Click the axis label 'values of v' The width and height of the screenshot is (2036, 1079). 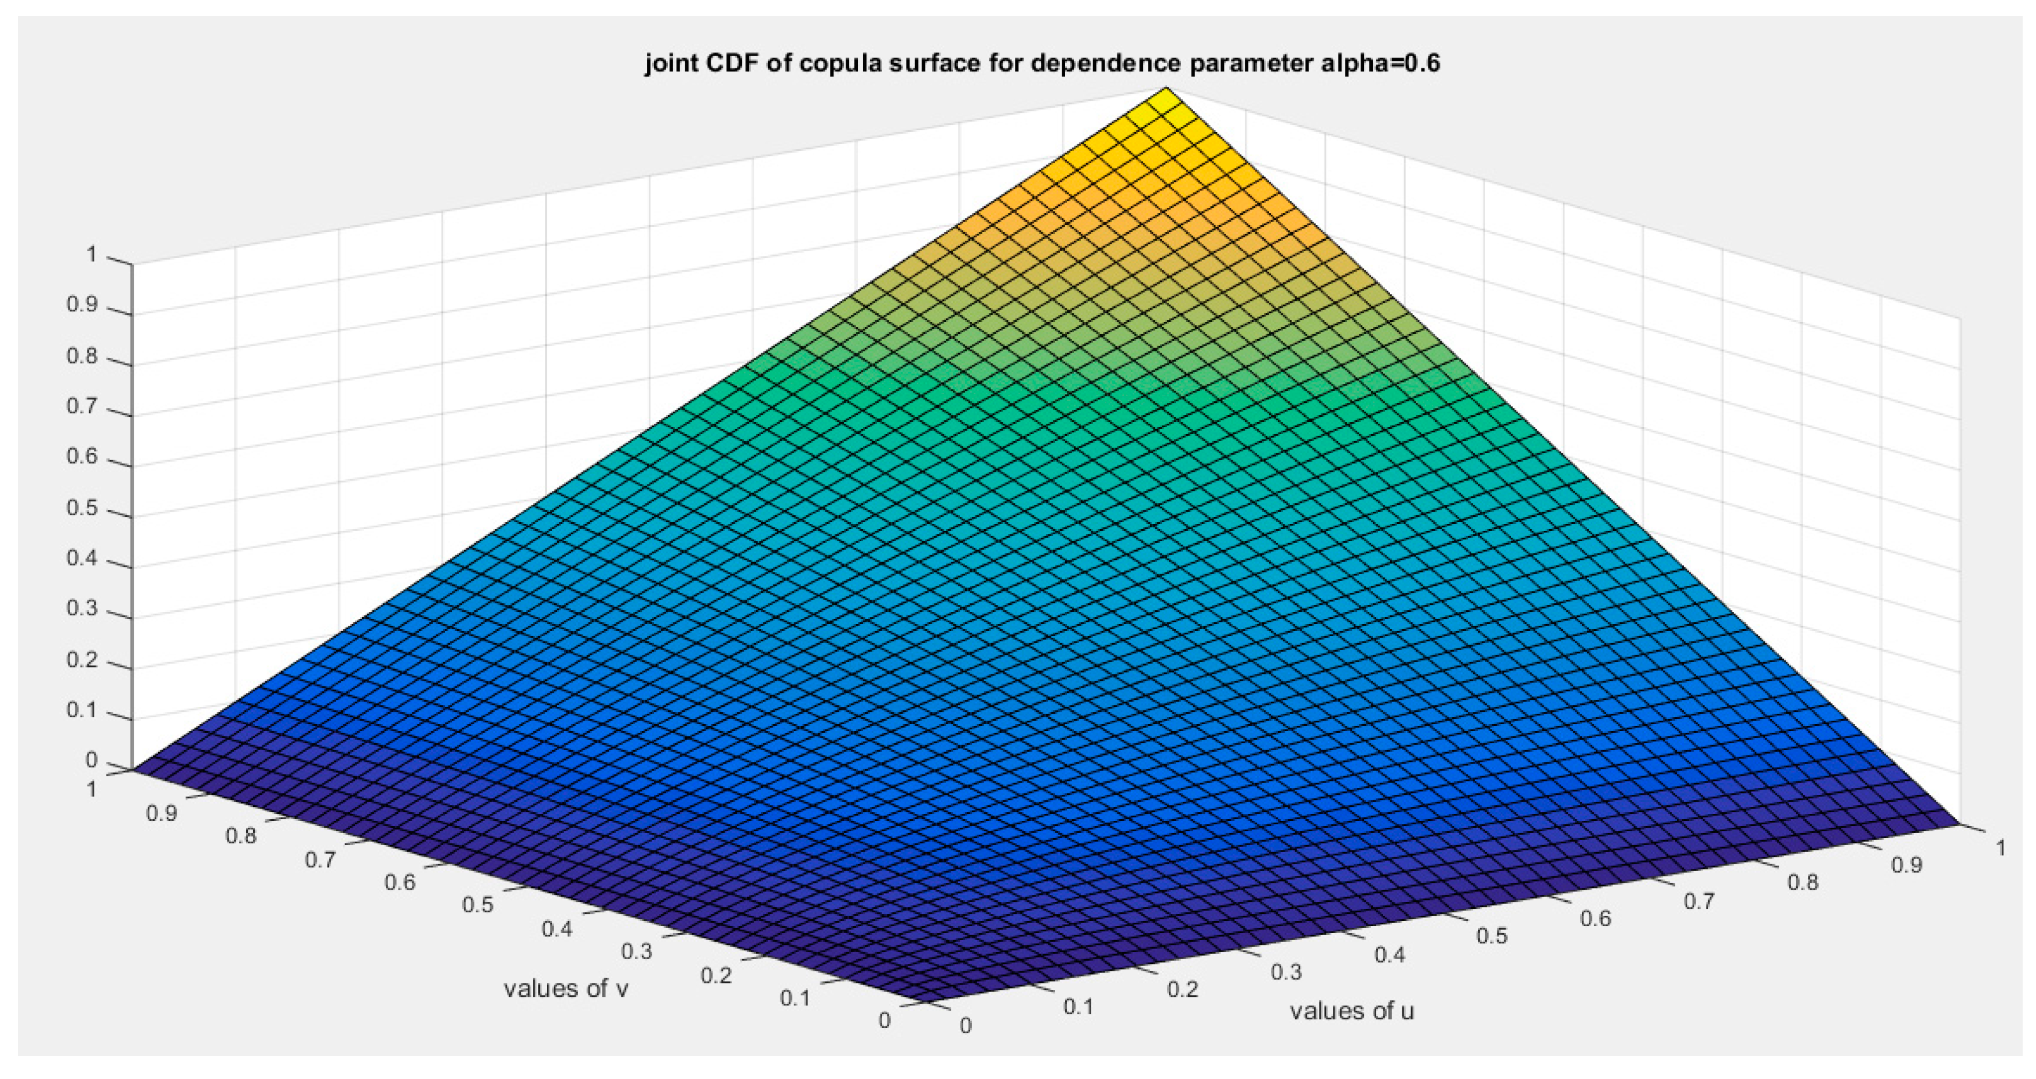[x=566, y=988]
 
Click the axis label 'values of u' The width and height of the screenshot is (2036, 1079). [x=1351, y=1011]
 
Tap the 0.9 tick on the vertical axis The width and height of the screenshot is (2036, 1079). [x=82, y=306]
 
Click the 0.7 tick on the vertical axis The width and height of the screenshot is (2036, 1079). [x=82, y=408]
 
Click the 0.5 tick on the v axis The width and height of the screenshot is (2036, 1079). [x=477, y=904]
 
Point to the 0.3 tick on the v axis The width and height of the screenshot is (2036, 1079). [x=636, y=952]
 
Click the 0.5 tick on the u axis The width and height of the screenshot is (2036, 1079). [x=1492, y=936]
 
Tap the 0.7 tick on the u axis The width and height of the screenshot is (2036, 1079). [x=1698, y=901]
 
